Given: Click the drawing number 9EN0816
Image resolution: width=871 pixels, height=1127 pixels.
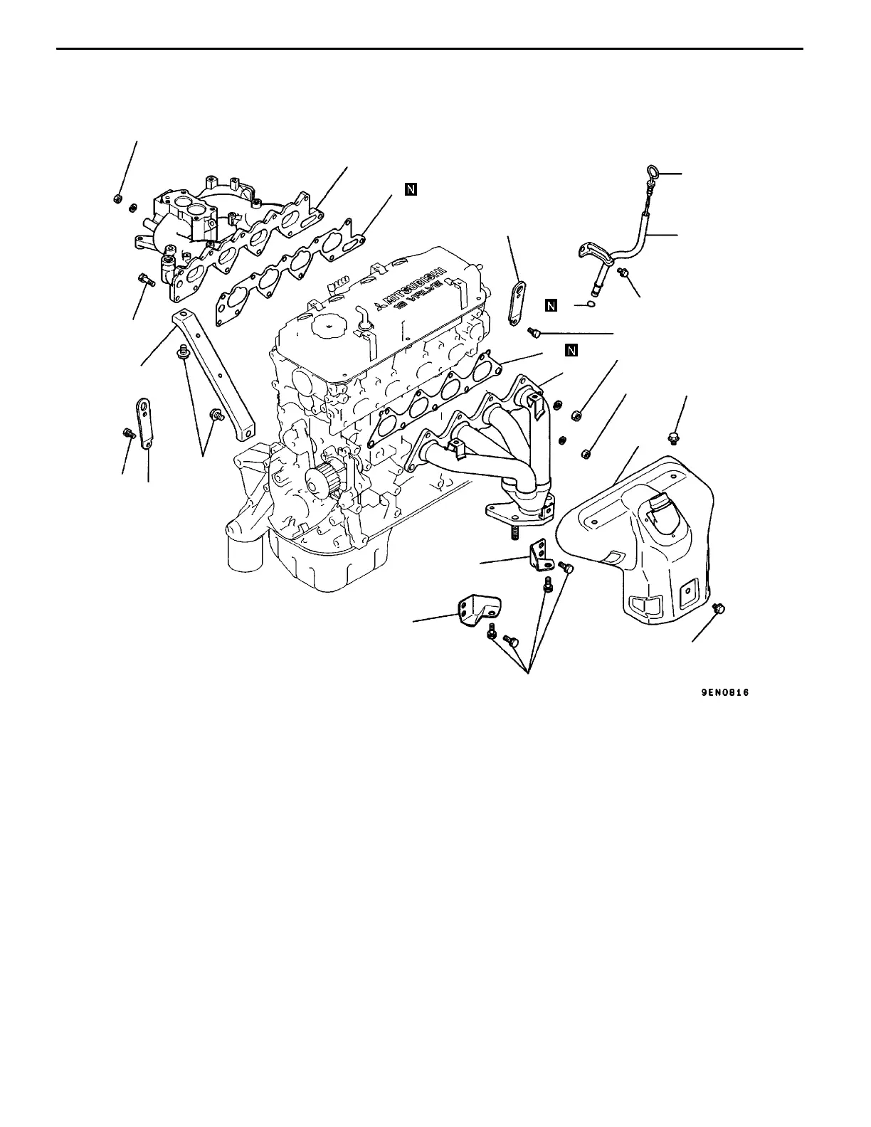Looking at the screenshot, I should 724,692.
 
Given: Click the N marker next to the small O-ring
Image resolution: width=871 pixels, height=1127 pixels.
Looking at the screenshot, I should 551,306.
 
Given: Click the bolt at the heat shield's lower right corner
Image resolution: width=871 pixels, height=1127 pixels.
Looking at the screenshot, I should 718,608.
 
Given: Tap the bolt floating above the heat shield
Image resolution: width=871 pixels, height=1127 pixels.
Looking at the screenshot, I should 673,436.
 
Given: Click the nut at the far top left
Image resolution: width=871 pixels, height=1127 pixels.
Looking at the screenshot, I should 119,199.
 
